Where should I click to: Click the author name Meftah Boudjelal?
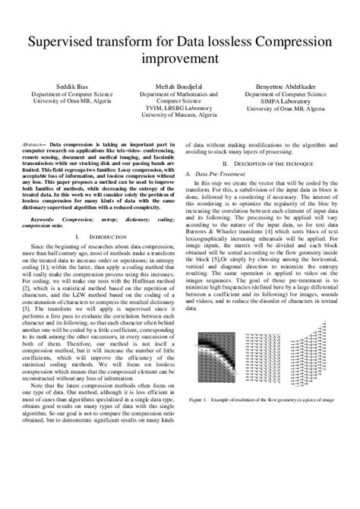click(x=179, y=87)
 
